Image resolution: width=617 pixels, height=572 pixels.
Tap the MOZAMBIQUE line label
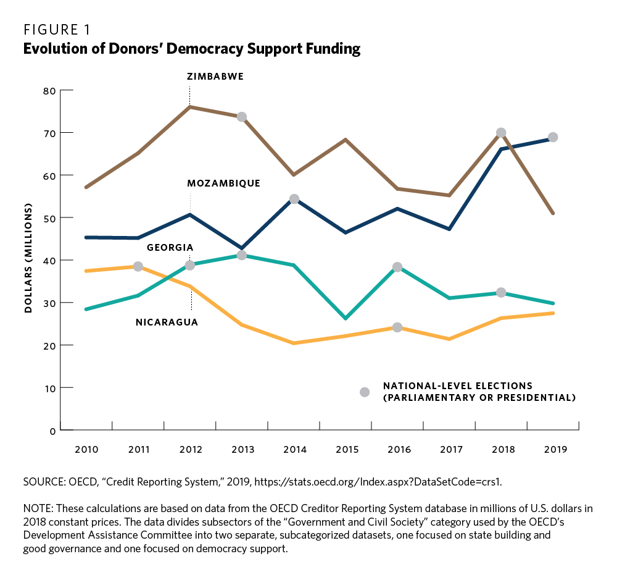[223, 183]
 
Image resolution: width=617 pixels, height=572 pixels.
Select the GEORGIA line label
[170, 248]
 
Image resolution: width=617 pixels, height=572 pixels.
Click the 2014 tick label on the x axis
[294, 450]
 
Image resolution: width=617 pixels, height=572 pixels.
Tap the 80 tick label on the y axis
[49, 91]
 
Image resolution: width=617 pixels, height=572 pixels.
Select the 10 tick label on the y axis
[49, 388]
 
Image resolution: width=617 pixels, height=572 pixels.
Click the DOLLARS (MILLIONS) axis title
[28, 260]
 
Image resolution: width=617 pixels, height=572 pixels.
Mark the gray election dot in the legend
[365, 392]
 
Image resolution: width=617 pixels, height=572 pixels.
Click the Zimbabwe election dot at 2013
[242, 117]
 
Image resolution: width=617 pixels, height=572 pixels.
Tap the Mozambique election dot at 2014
[294, 199]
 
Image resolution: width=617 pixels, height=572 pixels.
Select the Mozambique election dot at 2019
[553, 137]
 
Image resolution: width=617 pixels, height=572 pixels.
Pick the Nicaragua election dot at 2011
[138, 266]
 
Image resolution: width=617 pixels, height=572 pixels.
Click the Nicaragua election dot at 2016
[397, 327]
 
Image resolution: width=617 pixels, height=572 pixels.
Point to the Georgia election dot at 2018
[501, 292]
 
